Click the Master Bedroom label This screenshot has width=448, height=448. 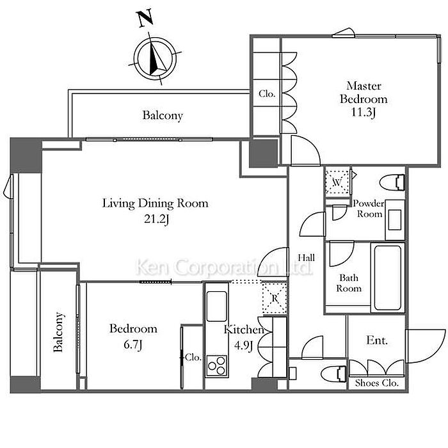pos(364,92)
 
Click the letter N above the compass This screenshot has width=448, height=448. pos(146,19)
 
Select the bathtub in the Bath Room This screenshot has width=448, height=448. pos(388,277)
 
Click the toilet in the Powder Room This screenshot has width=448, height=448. pos(392,182)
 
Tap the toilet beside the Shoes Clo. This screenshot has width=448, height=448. pos(333,374)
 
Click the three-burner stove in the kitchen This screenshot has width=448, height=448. pos(217,365)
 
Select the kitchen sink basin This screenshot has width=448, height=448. pos(217,306)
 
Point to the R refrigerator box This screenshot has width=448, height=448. pos(275,298)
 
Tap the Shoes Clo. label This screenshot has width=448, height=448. pos(376,383)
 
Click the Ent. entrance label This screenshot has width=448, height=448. pos(377,340)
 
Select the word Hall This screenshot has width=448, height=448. pos(307,258)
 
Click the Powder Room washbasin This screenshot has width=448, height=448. pos(395,220)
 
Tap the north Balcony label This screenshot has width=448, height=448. pos(163,115)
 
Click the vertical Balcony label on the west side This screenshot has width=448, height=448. pos(58,332)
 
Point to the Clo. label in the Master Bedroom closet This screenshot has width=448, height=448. pos(267,93)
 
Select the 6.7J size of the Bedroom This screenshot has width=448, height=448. pos(133,345)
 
